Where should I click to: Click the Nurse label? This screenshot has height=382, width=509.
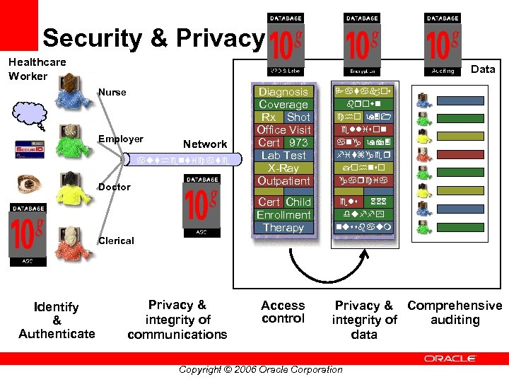point(112,92)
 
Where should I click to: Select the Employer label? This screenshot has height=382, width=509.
point(120,139)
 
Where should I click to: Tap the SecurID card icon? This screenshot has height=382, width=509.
point(27,149)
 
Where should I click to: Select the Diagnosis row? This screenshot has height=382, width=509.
point(283,92)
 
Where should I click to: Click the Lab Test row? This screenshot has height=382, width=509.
point(283,156)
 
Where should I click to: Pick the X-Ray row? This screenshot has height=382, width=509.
point(283,168)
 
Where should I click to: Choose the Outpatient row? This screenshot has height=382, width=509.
point(283,181)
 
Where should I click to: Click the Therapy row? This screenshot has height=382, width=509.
point(283,228)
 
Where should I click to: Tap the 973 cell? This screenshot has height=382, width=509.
point(298,143)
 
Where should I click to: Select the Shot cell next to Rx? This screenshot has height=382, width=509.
point(298,117)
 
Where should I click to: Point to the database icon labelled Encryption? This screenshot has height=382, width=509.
point(362,42)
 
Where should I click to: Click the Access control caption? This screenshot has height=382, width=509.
point(283,312)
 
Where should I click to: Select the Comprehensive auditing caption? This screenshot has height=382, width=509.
point(455,313)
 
